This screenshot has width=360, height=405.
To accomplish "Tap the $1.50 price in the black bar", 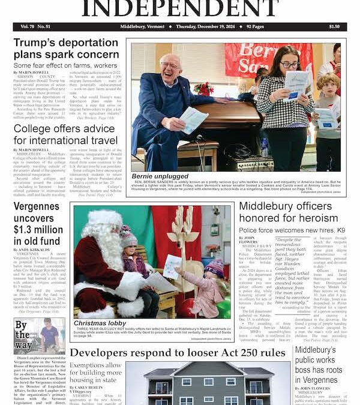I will pos(334,26).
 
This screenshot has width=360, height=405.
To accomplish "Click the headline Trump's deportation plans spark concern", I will pos(66,49).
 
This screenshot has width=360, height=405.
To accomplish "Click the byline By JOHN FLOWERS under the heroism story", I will pos(255,241).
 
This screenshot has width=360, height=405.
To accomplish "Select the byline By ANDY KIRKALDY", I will pos(34,249).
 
